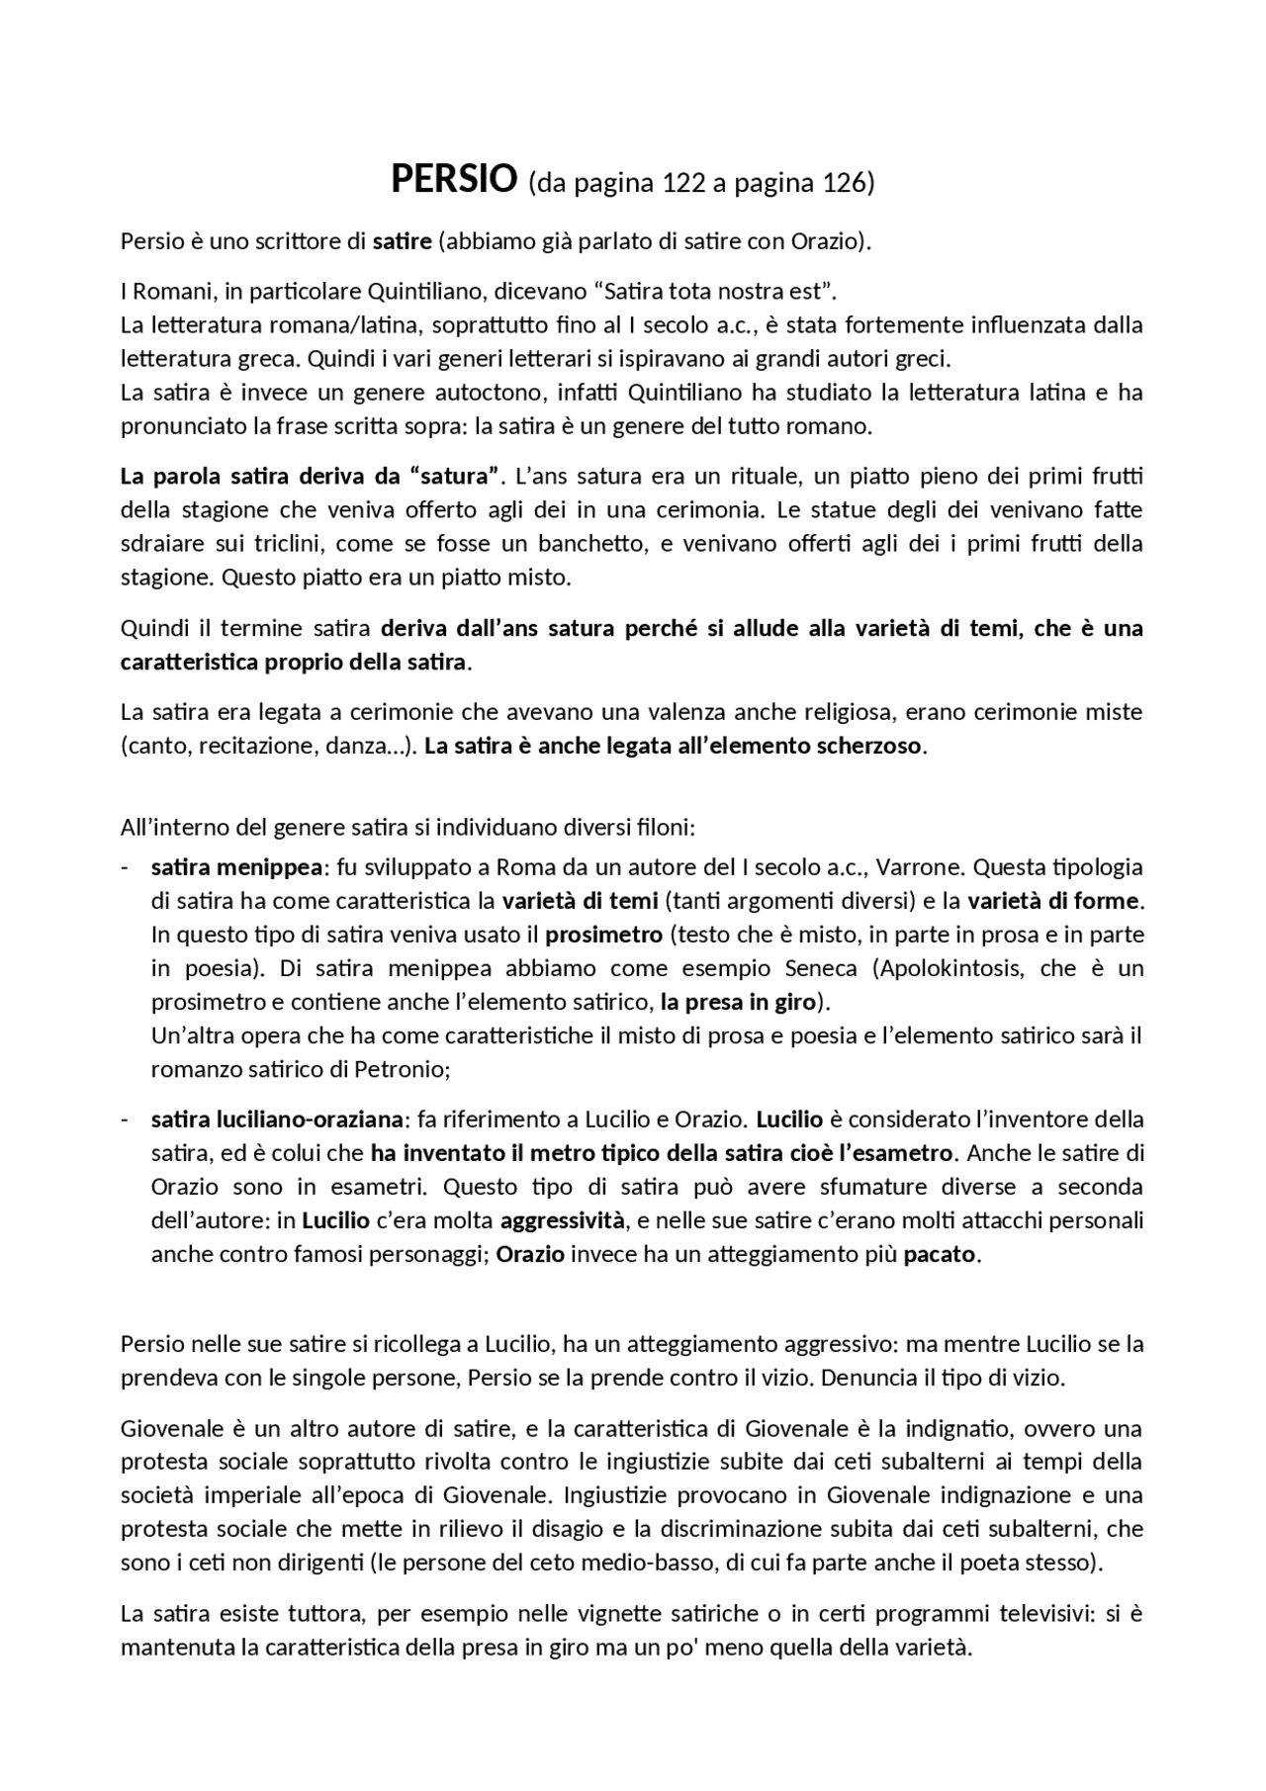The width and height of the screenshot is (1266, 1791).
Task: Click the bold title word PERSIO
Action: tap(454, 180)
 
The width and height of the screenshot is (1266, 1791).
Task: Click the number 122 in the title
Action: tap(682, 183)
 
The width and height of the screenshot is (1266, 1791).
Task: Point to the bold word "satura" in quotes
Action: tap(454, 476)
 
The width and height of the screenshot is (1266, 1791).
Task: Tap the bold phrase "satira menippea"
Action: tap(236, 867)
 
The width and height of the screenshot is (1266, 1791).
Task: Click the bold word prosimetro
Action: tap(603, 935)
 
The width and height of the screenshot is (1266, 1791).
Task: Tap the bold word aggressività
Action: tap(563, 1220)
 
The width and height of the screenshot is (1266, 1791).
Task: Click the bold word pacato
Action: tap(939, 1254)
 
